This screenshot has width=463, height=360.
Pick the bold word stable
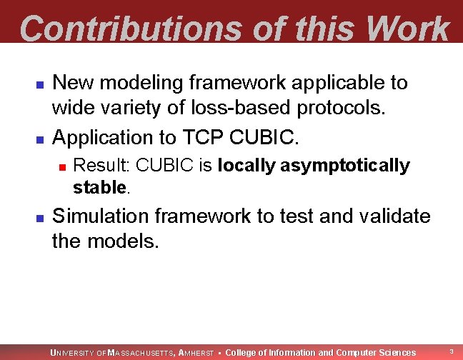point(99,188)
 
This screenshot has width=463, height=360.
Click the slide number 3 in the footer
point(451,351)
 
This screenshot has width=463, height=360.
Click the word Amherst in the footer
point(196,352)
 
